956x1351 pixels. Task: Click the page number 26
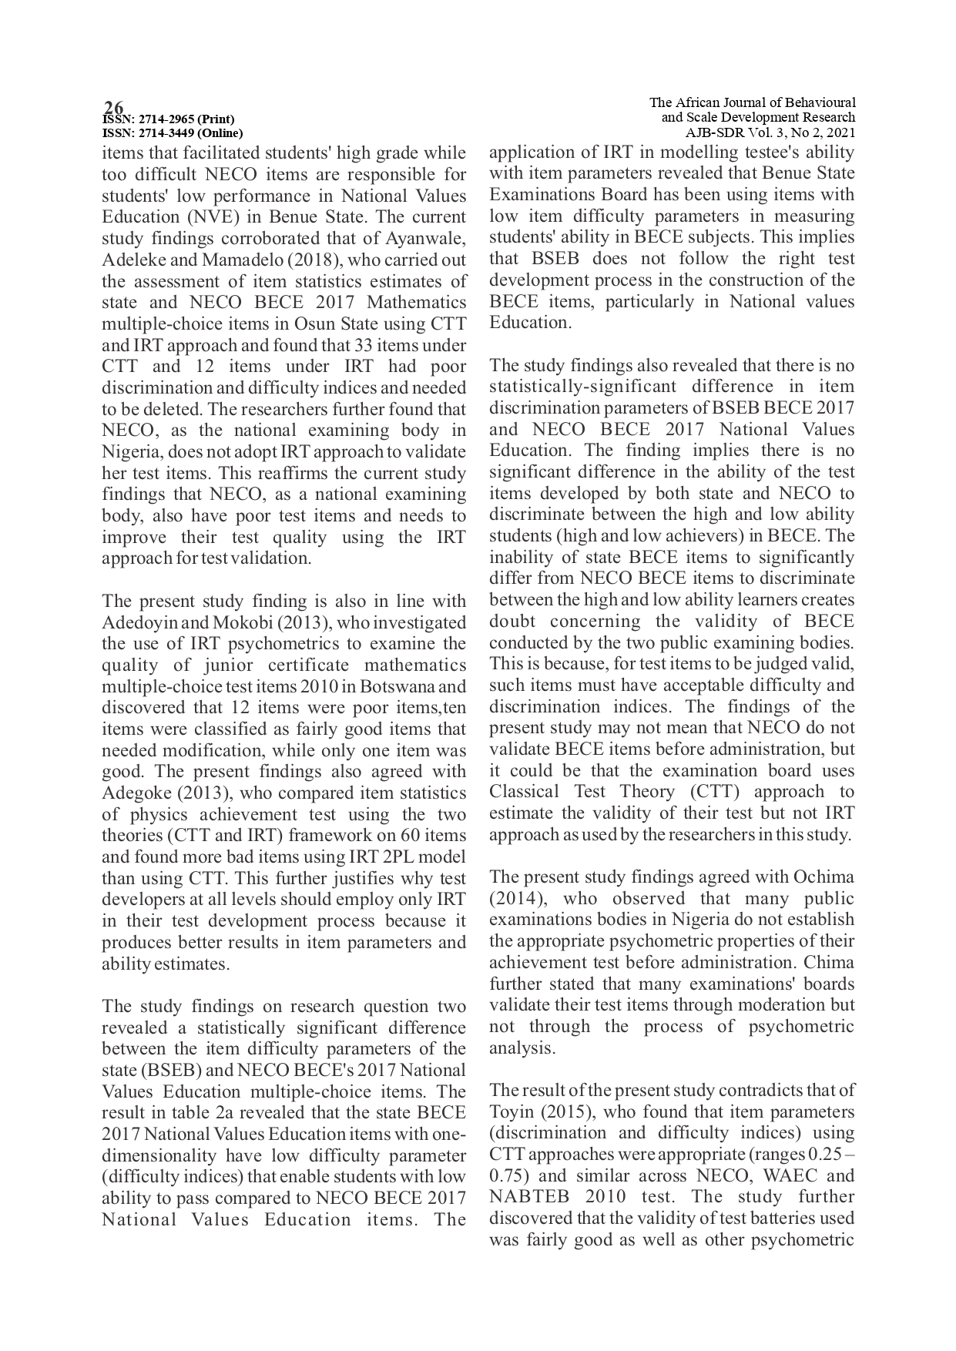point(114,107)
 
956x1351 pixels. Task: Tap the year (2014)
point(515,899)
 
